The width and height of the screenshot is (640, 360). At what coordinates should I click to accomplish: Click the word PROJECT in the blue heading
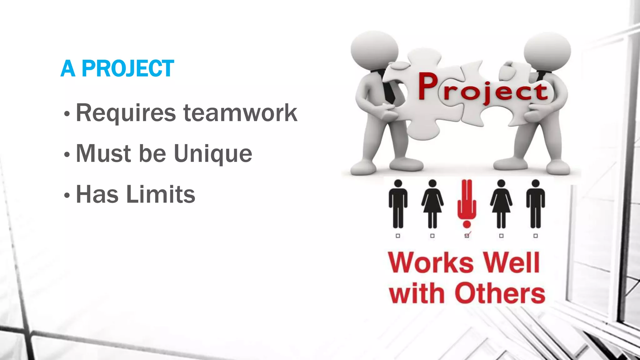127,68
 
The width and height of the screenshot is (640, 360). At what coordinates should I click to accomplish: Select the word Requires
126,113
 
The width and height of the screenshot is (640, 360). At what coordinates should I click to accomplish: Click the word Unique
213,154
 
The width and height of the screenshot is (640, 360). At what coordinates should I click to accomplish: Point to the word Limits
161,194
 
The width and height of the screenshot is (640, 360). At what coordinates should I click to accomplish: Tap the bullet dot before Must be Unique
67,155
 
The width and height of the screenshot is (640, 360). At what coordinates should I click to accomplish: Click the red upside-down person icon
467,203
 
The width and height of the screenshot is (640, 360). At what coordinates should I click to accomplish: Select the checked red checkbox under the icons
467,236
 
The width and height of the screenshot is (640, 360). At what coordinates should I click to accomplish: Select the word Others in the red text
500,293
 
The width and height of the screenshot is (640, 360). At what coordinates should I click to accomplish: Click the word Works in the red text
431,263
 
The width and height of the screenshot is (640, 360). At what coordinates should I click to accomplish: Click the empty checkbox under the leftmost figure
398,236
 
